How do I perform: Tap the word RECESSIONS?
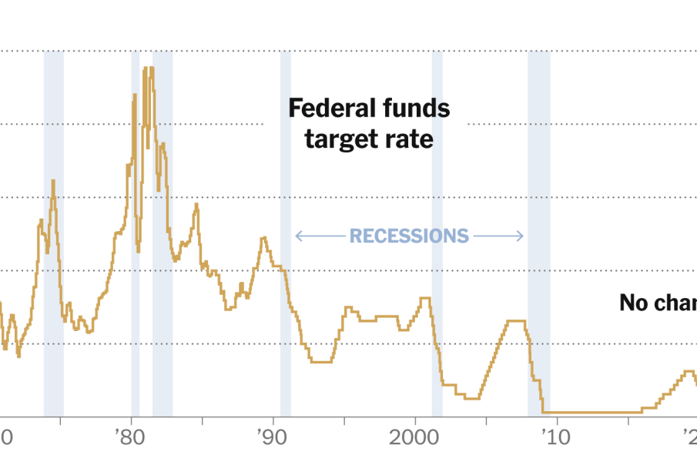point(409,236)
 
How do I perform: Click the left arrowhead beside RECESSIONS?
point(297,236)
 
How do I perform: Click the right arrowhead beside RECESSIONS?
point(522,236)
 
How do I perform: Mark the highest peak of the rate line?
point(147,68)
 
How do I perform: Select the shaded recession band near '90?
point(286,231)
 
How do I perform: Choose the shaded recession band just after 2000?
point(437,231)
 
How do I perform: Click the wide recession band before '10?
point(538,231)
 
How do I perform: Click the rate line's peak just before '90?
point(263,238)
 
